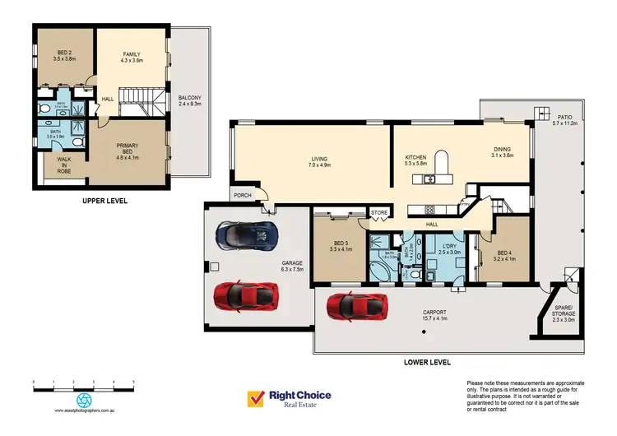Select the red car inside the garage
coord(245,295)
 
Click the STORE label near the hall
coord(379,213)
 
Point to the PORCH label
coord(243,196)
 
